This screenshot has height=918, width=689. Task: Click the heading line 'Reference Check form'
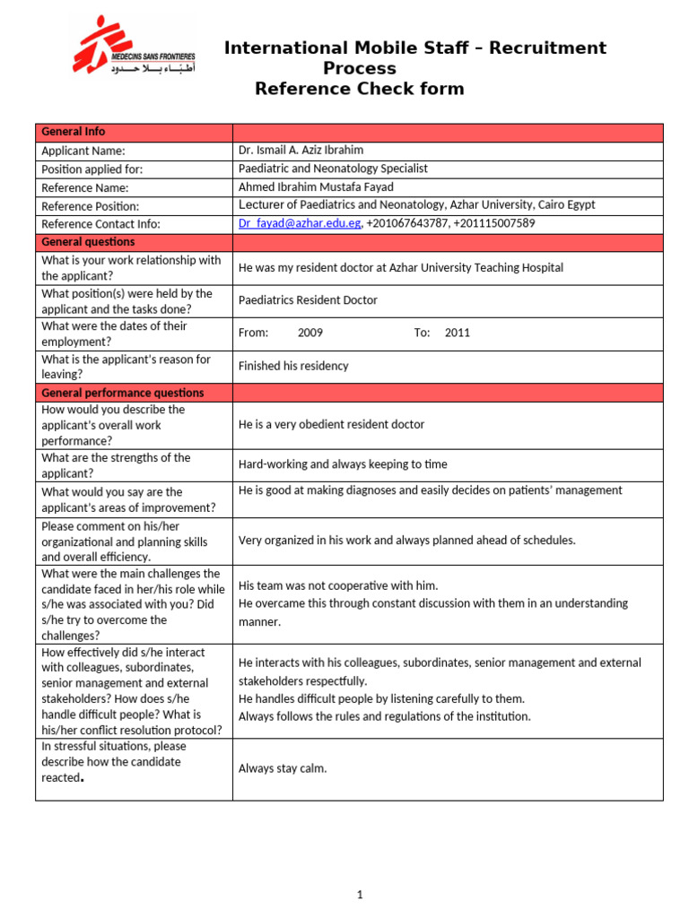coord(360,89)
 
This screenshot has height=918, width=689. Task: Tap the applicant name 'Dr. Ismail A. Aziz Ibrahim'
coord(301,151)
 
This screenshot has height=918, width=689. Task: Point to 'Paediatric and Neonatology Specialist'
coord(333,169)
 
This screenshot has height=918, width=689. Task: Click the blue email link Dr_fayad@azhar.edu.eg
coord(300,223)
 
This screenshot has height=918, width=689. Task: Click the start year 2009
coord(310,333)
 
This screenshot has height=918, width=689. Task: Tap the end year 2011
coord(457,333)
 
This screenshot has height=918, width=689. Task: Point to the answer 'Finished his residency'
coord(293,366)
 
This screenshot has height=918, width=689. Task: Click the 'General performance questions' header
coord(123,393)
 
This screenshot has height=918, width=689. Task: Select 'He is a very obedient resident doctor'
coord(331,424)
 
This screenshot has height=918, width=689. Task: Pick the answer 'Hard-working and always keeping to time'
coord(343,464)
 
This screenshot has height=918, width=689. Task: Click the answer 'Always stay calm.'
coord(283,768)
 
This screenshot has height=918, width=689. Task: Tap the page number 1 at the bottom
coord(359,894)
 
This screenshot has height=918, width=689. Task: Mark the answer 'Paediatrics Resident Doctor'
coord(308,300)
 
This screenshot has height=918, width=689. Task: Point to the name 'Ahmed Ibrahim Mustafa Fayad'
coord(316,187)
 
